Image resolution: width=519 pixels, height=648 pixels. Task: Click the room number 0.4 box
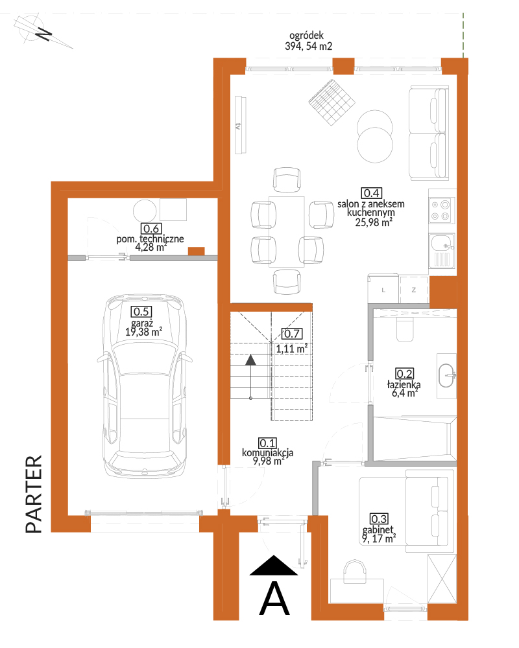[371, 193]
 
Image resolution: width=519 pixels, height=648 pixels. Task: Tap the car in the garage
[145, 386]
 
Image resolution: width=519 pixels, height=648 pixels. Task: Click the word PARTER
[34, 494]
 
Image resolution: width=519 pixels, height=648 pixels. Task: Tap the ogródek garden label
[308, 41]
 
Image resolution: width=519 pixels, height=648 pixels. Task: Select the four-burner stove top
[441, 210]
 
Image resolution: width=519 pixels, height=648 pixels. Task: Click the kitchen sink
[442, 250]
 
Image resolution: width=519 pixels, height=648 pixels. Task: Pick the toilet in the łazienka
[405, 329]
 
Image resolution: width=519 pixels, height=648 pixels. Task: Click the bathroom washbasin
[447, 376]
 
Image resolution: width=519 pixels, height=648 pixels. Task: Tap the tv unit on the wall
[241, 125]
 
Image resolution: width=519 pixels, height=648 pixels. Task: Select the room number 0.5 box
[141, 312]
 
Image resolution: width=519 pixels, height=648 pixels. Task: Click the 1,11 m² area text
[292, 349]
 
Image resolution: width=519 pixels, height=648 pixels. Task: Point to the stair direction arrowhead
[250, 360]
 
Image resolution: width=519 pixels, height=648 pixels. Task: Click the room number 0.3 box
[379, 518]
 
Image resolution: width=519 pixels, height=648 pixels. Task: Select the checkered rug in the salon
[332, 102]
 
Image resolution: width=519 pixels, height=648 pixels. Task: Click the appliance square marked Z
[414, 290]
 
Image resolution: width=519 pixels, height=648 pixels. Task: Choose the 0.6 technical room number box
[151, 229]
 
